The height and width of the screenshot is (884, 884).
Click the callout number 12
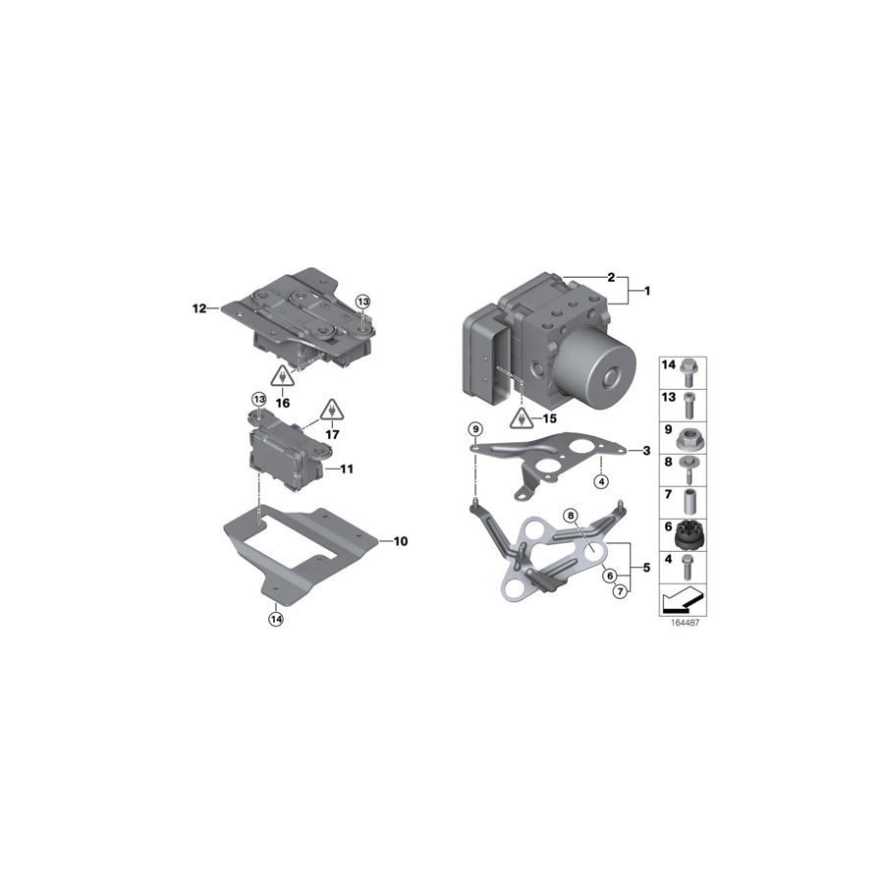[198, 308]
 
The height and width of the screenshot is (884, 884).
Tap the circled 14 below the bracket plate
[276, 619]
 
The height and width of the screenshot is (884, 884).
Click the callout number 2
[611, 277]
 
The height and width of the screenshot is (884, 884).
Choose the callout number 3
[645, 451]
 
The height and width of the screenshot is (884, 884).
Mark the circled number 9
[475, 429]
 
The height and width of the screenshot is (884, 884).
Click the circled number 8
[569, 516]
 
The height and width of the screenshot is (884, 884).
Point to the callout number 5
[645, 567]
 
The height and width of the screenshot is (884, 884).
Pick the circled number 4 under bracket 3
[601, 480]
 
